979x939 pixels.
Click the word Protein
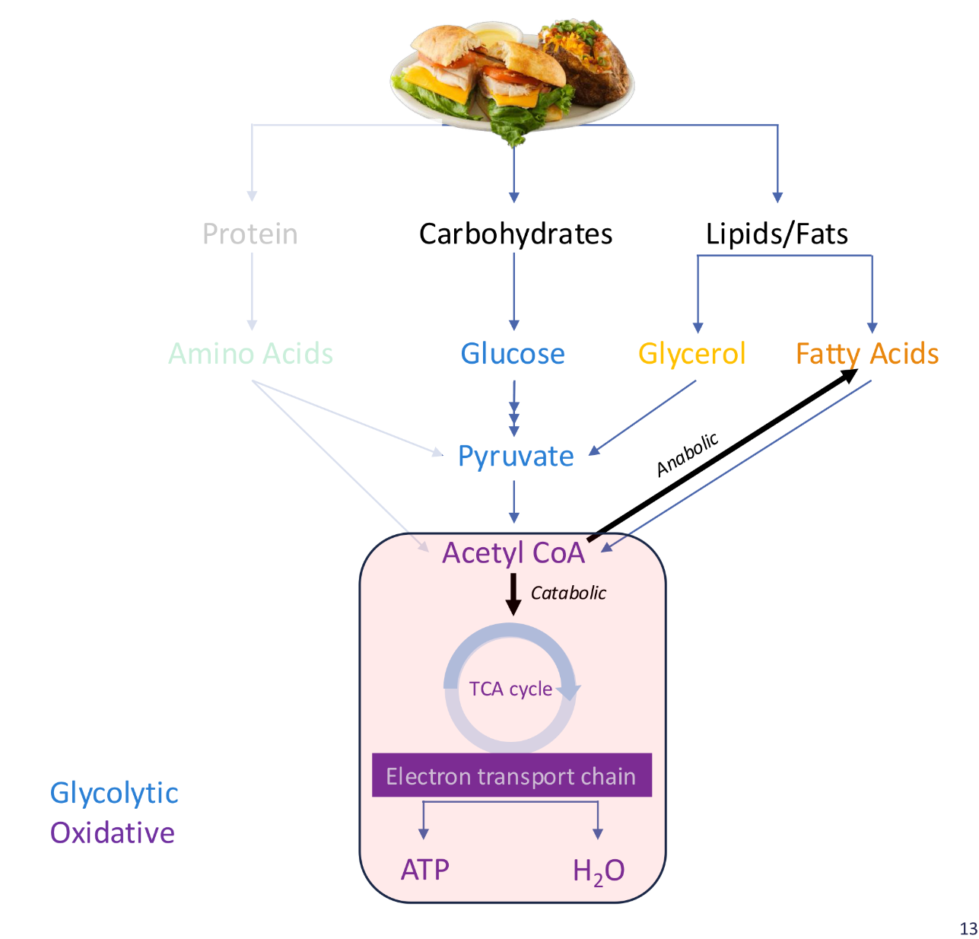coord(250,234)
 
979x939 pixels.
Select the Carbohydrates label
coord(515,234)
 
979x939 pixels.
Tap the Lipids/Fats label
coord(777,234)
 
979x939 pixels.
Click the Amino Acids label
coord(250,354)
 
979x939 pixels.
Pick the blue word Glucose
coord(513,354)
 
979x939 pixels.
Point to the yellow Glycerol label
coord(691,354)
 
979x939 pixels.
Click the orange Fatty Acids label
coord(867,354)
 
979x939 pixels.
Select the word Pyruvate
coord(516,457)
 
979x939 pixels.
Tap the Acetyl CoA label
coord(513,553)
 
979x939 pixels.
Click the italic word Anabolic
coord(687,454)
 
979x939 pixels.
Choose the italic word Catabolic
coord(568,594)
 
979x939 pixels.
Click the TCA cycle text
coord(510,689)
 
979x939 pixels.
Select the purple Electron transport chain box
coord(511,775)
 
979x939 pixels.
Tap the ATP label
coord(425,870)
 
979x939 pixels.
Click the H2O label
coord(599,871)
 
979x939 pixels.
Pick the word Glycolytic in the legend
coord(114,794)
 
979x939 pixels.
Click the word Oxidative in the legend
coord(113,833)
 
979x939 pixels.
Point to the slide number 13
coord(968,929)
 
